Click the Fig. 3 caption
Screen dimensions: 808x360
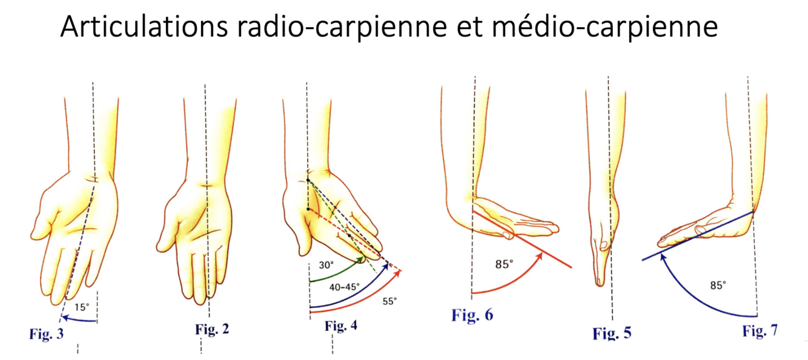pyautogui.click(x=46, y=333)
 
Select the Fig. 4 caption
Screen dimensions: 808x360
pyautogui.click(x=341, y=326)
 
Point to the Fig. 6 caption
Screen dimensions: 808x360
pyautogui.click(x=472, y=315)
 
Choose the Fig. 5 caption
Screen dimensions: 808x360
pyautogui.click(x=612, y=333)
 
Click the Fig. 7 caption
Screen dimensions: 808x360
pyautogui.click(x=760, y=331)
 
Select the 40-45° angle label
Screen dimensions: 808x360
pyautogui.click(x=343, y=287)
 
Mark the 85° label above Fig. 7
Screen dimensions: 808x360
pyautogui.click(x=718, y=285)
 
